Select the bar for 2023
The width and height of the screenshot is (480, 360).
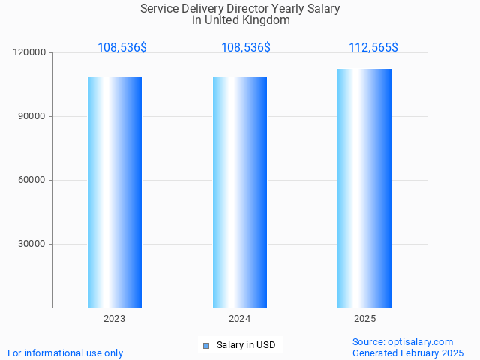coord(115,192)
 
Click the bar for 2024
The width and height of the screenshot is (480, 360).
coord(240,192)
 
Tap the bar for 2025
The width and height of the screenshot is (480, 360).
coord(364,188)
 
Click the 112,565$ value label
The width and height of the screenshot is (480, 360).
coord(373,48)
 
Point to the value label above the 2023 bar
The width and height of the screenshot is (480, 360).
coord(122,48)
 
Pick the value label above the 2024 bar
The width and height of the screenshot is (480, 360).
coord(246,48)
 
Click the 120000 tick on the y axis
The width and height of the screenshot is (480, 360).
coord(29,53)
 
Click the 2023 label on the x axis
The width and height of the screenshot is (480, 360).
coord(115,319)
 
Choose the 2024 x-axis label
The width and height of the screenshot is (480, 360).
coord(240,319)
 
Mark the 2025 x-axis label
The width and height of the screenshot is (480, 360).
coord(364,319)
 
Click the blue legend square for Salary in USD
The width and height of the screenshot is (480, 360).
coord(206,346)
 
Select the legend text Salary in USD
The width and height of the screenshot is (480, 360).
coord(246,346)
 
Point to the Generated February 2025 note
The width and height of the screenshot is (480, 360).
coord(408,353)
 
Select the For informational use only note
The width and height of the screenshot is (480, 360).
coord(65,353)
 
